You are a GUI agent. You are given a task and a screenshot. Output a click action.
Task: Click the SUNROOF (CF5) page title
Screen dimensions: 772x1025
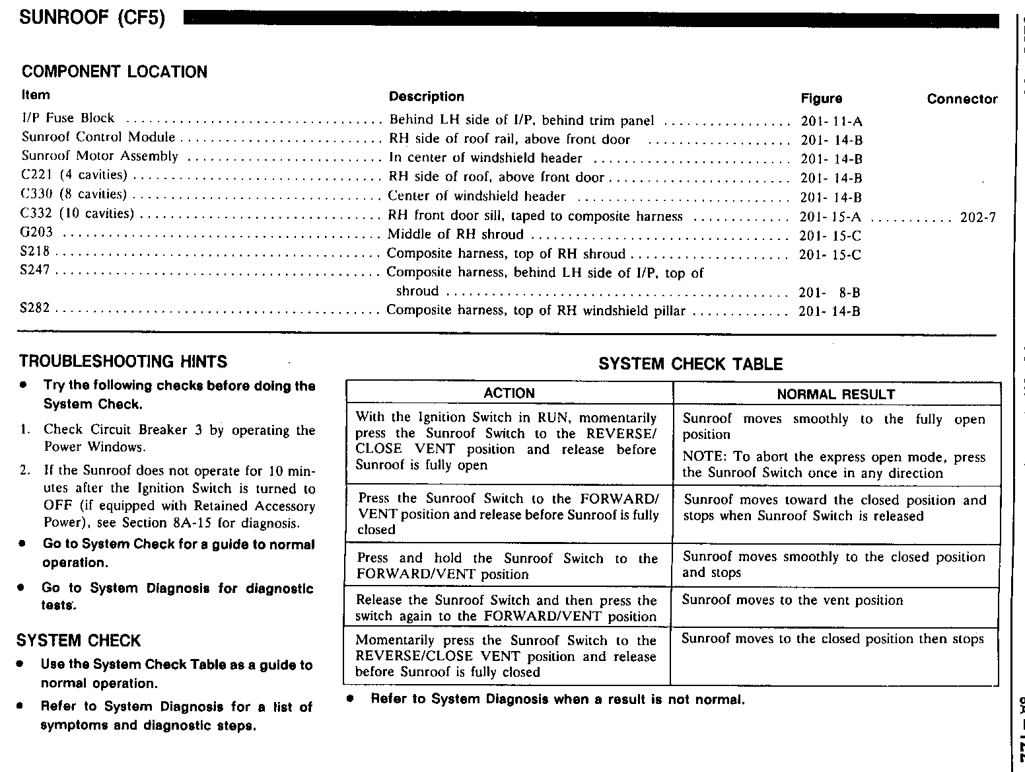click(92, 17)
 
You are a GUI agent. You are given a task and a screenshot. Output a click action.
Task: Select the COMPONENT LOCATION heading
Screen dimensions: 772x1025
click(114, 72)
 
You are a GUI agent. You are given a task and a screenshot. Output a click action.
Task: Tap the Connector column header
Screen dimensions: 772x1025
click(962, 99)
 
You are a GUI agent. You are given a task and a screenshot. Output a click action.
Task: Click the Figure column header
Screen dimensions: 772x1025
click(822, 98)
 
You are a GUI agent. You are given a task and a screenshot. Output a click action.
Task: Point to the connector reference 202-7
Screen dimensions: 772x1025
click(977, 217)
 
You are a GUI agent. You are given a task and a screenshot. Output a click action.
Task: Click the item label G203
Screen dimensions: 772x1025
click(37, 233)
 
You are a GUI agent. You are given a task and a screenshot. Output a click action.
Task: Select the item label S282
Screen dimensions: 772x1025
click(36, 309)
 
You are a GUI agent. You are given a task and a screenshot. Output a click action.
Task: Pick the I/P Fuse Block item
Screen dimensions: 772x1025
click(68, 118)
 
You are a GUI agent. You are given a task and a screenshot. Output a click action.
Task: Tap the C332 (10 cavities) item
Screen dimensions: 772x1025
click(77, 213)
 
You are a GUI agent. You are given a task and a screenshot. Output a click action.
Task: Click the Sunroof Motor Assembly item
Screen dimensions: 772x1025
click(100, 157)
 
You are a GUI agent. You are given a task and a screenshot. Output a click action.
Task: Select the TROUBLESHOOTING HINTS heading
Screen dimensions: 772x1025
click(123, 362)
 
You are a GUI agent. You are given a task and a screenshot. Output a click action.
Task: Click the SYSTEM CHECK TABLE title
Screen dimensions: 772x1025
click(690, 364)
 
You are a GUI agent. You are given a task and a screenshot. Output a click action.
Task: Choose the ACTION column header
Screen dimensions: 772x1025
click(509, 393)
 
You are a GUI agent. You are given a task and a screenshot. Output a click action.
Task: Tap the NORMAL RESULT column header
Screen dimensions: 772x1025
click(835, 395)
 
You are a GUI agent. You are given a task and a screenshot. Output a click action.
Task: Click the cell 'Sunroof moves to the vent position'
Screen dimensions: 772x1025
click(792, 600)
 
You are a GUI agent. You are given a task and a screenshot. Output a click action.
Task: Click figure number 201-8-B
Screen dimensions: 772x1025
click(830, 293)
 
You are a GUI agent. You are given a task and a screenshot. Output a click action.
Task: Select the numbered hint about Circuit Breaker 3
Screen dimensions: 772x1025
click(179, 438)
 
